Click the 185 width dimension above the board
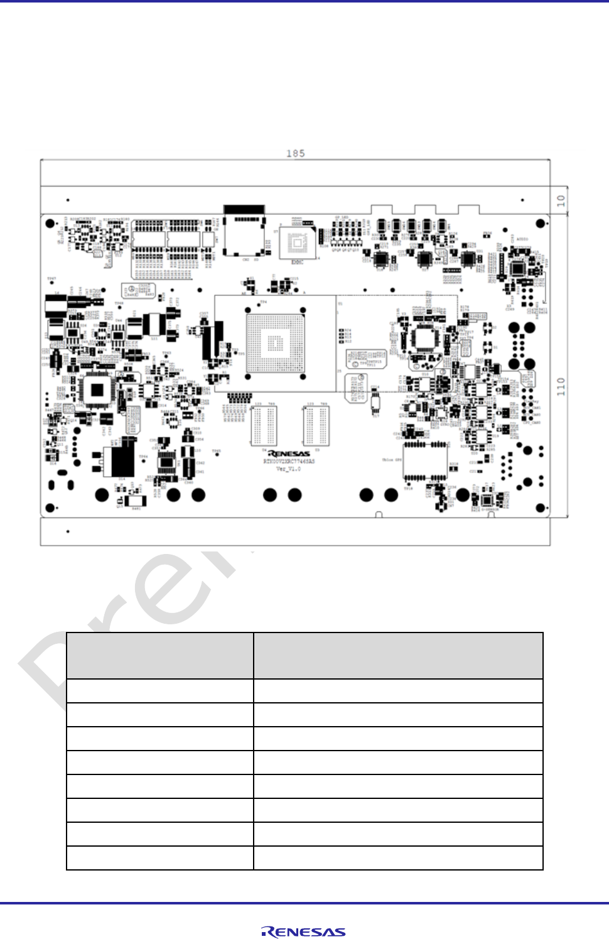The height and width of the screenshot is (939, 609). click(x=295, y=153)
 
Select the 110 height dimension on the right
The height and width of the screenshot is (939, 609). click(x=561, y=386)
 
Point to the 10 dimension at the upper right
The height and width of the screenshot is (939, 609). click(x=561, y=201)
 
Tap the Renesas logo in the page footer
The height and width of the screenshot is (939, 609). click(x=303, y=932)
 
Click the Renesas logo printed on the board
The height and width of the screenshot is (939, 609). click(x=289, y=453)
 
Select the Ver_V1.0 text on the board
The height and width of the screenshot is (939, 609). click(x=289, y=469)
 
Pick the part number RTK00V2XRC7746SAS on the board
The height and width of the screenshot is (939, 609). click(x=289, y=461)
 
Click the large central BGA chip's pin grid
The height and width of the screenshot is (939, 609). click(x=276, y=343)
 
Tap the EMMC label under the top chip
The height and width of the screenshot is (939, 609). click(x=297, y=262)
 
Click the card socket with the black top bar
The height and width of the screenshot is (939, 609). click(x=245, y=231)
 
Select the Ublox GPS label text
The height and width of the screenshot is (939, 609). click(x=392, y=460)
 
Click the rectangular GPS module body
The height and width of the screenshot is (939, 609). click(x=426, y=462)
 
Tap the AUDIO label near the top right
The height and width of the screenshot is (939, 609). click(x=522, y=239)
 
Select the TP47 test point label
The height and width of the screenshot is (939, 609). click(x=51, y=279)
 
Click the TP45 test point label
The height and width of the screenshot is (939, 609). click(x=216, y=451)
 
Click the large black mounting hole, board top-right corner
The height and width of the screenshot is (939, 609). click(x=541, y=224)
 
